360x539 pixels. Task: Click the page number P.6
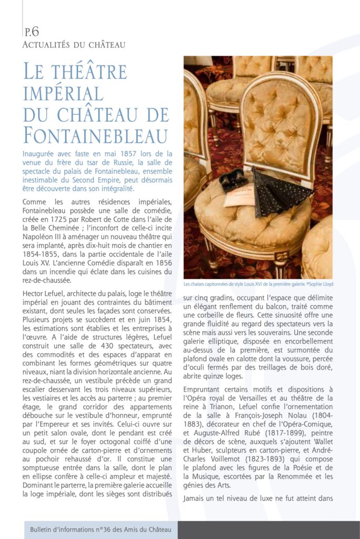[32, 32]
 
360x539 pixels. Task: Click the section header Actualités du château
[74, 45]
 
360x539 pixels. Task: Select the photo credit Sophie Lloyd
[320, 284]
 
